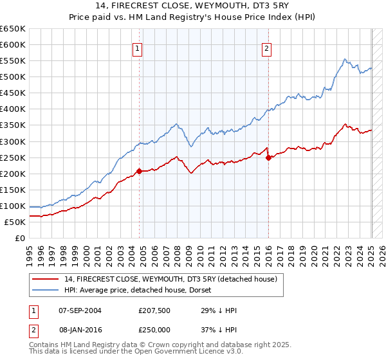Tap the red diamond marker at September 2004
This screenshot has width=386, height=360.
pos(139,171)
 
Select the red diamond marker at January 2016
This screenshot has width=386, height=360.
pos(268,157)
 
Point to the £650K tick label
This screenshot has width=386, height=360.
pos(13,29)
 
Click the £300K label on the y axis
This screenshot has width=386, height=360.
pos(13,141)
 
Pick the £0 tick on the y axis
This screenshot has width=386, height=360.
pos(19,238)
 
